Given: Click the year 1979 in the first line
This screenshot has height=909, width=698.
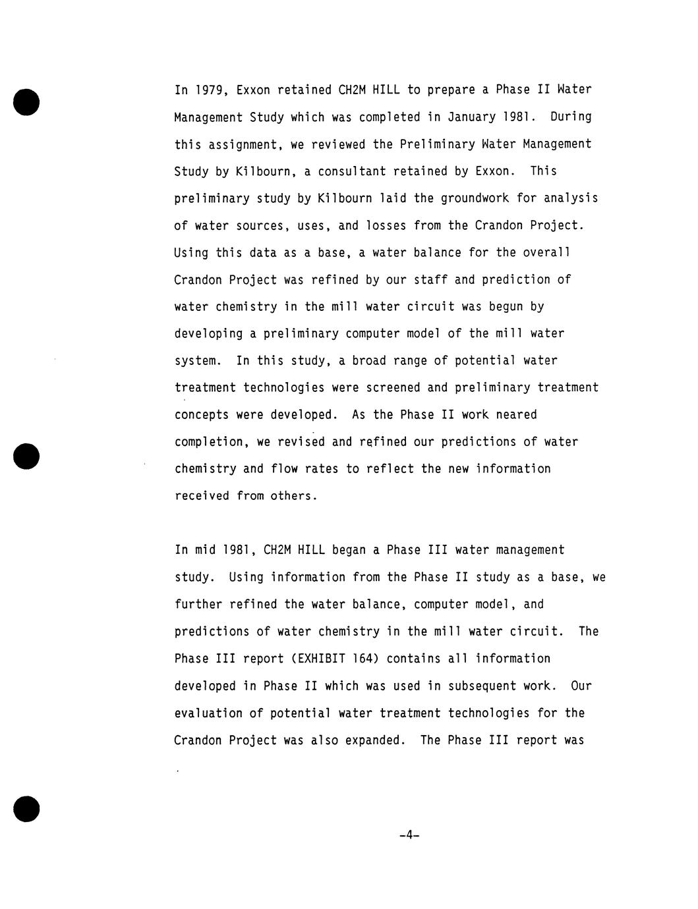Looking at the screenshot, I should click(x=209, y=90).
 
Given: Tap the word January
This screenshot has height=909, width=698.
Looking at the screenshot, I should click(x=472, y=117).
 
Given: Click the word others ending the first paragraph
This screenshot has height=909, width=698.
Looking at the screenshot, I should click(x=294, y=496).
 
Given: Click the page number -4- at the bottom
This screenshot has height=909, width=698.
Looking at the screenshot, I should click(x=409, y=835).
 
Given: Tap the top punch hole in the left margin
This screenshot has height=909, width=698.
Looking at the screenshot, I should click(x=26, y=101).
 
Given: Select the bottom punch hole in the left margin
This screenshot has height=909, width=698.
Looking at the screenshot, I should click(x=26, y=808).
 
